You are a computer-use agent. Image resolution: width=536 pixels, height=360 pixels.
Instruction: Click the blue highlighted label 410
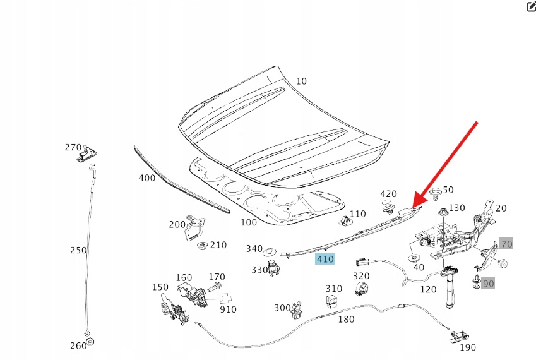point(325,259)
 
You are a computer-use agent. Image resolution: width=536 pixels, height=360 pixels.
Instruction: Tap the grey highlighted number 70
point(506,244)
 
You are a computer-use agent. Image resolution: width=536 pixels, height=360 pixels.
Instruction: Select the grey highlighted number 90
point(488,284)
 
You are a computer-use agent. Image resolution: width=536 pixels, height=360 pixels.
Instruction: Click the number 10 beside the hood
point(301,81)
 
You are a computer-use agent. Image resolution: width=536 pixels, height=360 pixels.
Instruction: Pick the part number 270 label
point(73,147)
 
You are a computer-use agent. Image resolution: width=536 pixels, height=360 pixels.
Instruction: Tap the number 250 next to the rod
point(78,250)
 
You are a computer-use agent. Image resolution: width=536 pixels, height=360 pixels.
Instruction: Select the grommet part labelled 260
point(90,342)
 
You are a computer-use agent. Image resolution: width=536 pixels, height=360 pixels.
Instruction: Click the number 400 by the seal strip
point(146,178)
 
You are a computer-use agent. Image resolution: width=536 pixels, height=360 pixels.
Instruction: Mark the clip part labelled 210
point(203,245)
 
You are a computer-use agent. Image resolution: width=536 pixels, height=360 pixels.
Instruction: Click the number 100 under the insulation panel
point(249,222)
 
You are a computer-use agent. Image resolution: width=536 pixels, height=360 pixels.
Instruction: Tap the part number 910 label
point(228,309)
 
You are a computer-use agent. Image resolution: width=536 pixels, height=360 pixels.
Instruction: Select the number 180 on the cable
point(347,320)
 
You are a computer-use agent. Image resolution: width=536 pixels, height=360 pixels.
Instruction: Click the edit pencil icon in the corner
point(530,7)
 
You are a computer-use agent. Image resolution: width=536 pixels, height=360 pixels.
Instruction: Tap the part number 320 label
point(361,276)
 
